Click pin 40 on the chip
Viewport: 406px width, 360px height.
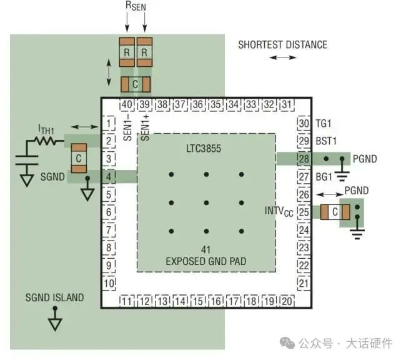pos(127,104)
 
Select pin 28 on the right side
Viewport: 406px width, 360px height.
pos(304,159)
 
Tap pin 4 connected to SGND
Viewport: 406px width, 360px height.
pos(110,177)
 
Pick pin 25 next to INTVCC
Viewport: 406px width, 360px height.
pos(304,212)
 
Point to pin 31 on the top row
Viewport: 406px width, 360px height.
pos(286,104)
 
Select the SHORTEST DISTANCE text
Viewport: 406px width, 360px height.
pos(282,45)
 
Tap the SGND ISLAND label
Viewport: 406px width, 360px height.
pos(54,297)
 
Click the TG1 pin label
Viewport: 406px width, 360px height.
pos(324,124)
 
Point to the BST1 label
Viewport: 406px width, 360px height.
pos(327,141)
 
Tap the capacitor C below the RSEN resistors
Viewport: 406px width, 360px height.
pos(136,84)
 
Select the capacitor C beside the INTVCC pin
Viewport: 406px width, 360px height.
pos(335,212)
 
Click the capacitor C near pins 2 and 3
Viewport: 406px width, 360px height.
pos(78,159)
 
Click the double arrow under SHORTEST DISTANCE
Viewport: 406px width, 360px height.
pos(283,57)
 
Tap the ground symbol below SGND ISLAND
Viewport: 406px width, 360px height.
pos(55,323)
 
